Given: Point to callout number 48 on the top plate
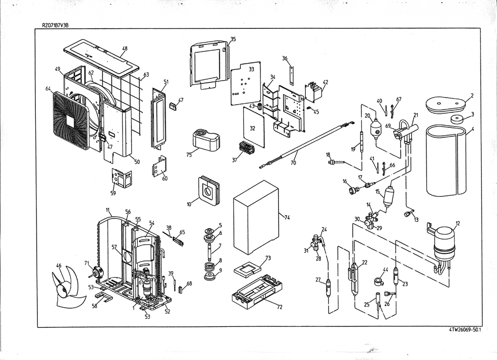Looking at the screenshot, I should click(125, 48).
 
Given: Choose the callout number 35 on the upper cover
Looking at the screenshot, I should click(233, 39).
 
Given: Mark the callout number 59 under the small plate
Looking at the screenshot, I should click(113, 192).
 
